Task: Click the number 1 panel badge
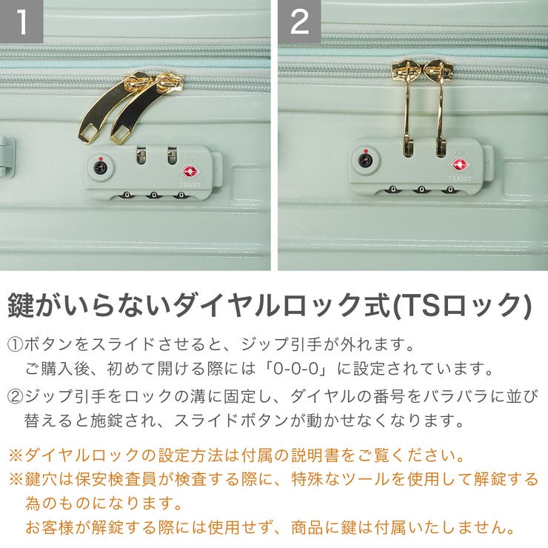coord(21,21)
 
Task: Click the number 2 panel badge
coord(299,21)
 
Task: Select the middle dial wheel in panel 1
coord(154,196)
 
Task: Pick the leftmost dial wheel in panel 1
coord(127,196)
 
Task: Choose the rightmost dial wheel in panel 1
coord(181,196)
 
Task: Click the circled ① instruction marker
coord(16,345)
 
